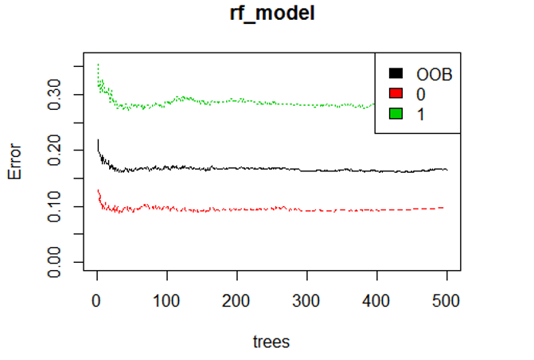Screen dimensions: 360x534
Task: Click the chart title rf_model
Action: [x=271, y=14]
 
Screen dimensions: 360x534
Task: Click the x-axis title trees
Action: [x=271, y=342]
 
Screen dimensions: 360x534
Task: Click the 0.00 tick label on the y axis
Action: [x=54, y=262]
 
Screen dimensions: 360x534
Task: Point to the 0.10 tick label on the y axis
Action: [x=54, y=206]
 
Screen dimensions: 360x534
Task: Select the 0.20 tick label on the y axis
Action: [x=54, y=151]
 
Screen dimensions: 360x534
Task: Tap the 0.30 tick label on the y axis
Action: [x=54, y=95]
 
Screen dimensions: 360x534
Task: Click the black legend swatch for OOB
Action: [x=396, y=73]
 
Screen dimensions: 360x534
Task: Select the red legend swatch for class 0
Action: [x=396, y=93]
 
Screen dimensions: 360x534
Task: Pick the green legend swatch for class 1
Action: [x=396, y=113]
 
